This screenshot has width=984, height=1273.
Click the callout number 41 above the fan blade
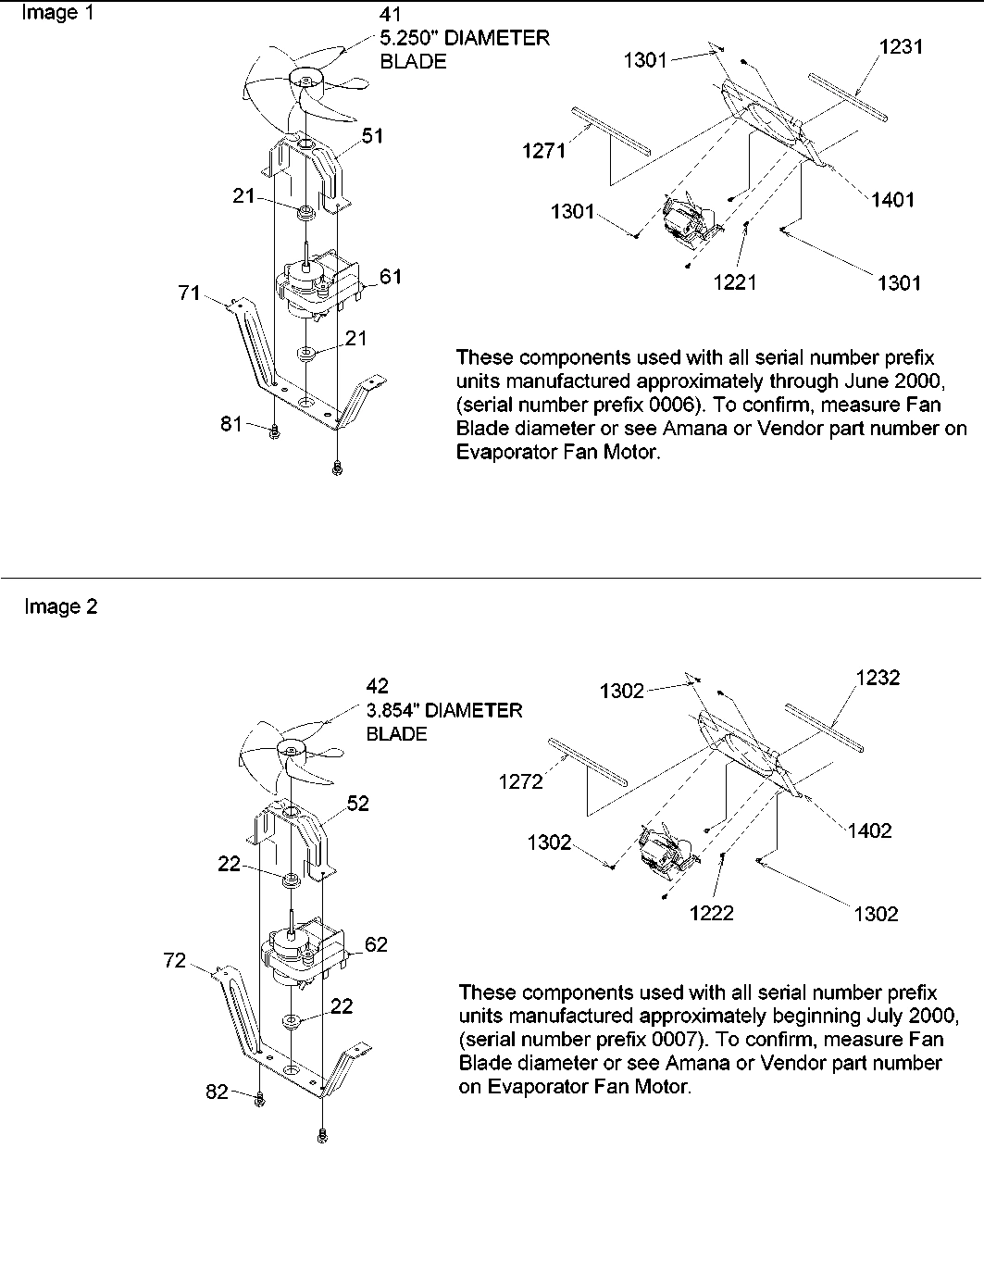[x=392, y=16]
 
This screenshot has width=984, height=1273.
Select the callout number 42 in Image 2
[x=378, y=686]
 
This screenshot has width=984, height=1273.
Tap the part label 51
[x=373, y=136]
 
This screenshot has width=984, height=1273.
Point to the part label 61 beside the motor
[x=391, y=277]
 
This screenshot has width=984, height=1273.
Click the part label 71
[x=189, y=293]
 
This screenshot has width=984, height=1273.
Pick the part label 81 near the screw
[x=231, y=423]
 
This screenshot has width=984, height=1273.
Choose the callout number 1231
[x=901, y=46]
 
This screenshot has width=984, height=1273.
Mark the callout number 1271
[x=543, y=151]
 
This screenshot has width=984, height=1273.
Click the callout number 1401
[x=892, y=199]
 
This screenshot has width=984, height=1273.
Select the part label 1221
[x=735, y=282]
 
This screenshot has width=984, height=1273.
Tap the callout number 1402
[x=869, y=830]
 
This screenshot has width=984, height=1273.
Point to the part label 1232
[x=878, y=678]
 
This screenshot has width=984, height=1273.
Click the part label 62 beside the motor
[x=376, y=944]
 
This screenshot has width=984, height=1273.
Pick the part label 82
[x=217, y=1092]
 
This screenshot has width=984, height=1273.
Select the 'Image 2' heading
[x=60, y=607]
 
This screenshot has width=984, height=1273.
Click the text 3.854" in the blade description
[x=396, y=710]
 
